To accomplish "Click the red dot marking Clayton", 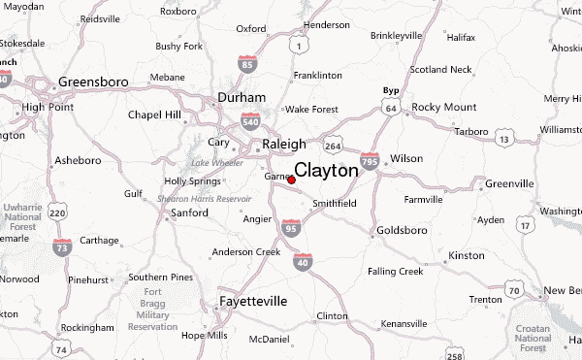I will (x=292, y=180).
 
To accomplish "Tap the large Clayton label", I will (x=326, y=170).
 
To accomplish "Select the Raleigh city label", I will (x=284, y=145).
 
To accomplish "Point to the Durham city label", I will (x=242, y=98).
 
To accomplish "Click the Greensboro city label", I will (x=93, y=82).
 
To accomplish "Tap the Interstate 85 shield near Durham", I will (x=247, y=66).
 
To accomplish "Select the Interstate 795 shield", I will (x=370, y=162).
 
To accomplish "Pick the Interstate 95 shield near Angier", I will (x=290, y=226).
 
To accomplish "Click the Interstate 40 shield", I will (x=304, y=262).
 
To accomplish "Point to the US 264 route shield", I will (x=333, y=147).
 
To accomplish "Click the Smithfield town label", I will (x=334, y=204).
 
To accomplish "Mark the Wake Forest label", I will (x=309, y=110).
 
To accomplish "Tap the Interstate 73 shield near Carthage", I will (x=63, y=249).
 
